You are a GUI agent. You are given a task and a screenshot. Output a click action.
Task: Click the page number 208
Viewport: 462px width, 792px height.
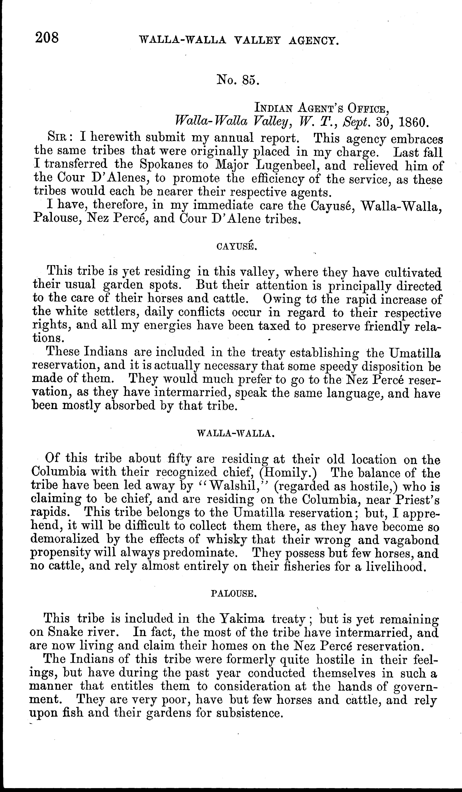(47, 38)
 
